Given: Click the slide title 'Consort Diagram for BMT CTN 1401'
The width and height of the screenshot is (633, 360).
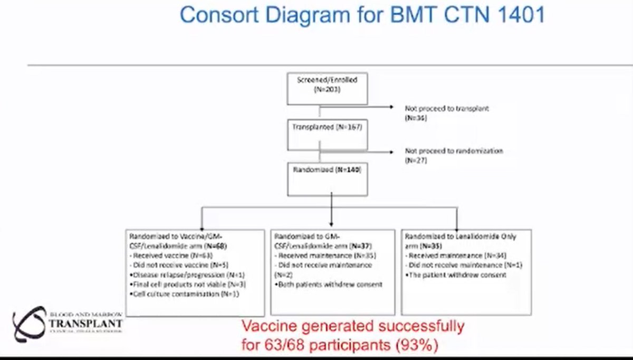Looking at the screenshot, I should [x=362, y=16].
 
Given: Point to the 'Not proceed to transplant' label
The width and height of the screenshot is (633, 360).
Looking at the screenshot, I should [x=447, y=108].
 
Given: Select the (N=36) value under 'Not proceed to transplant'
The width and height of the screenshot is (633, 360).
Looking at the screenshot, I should [x=416, y=118].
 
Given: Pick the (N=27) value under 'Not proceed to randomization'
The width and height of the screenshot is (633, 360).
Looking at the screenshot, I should [x=416, y=160].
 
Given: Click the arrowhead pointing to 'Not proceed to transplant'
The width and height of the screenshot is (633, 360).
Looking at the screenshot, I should [x=391, y=108].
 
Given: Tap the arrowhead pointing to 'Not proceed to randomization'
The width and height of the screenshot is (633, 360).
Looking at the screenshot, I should [x=391, y=152].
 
